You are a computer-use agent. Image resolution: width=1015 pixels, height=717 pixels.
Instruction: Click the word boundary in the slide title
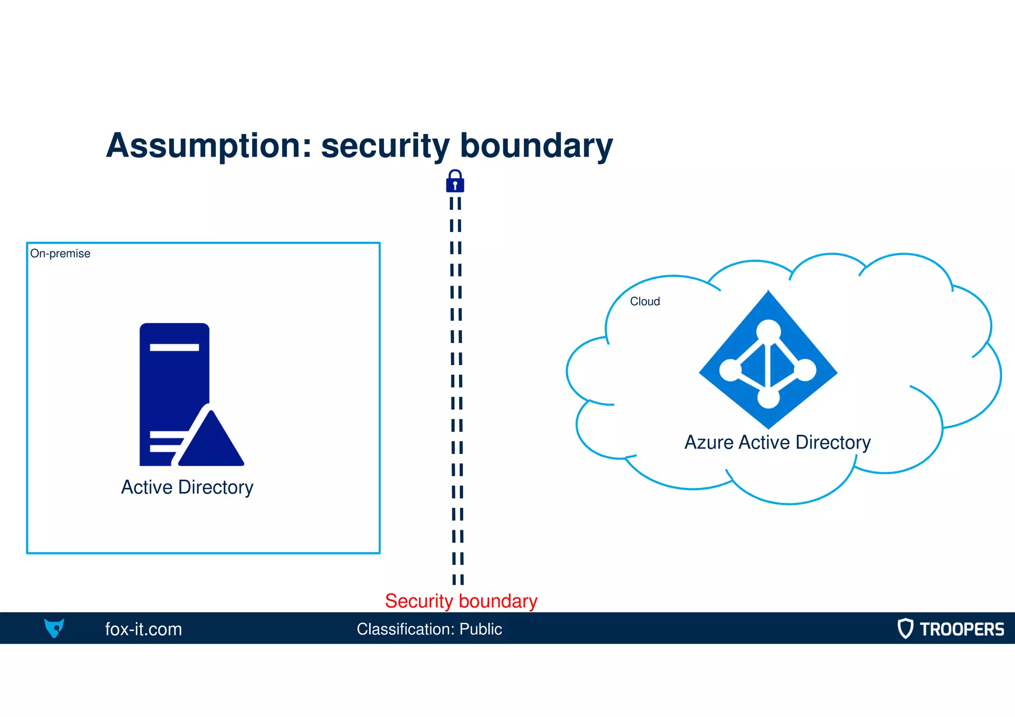pyautogui.click(x=536, y=146)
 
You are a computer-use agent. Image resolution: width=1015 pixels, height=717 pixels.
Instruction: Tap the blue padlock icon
pyautogui.click(x=455, y=181)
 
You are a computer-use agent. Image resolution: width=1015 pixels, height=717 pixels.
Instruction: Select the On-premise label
pyautogui.click(x=60, y=254)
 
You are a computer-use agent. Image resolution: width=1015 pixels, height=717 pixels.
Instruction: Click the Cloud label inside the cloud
pyautogui.click(x=645, y=301)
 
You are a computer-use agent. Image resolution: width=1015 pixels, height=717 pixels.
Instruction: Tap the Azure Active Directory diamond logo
pyautogui.click(x=768, y=360)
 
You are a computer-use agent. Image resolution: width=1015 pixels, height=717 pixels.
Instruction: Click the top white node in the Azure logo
pyautogui.click(x=768, y=331)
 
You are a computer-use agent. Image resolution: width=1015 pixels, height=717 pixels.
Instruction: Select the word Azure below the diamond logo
pyautogui.click(x=709, y=442)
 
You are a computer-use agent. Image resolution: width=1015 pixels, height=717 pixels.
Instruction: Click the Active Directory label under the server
pyautogui.click(x=187, y=488)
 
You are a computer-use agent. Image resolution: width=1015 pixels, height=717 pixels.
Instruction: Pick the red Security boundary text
pyautogui.click(x=461, y=601)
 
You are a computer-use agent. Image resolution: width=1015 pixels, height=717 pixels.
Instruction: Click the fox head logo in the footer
pyautogui.click(x=54, y=628)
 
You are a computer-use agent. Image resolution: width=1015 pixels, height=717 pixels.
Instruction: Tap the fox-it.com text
pyautogui.click(x=144, y=629)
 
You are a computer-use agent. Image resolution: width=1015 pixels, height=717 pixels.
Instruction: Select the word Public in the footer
pyautogui.click(x=480, y=629)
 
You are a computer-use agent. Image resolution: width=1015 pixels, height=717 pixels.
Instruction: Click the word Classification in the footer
pyautogui.click(x=405, y=629)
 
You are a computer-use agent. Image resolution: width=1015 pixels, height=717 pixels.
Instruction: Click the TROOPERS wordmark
pyautogui.click(x=961, y=629)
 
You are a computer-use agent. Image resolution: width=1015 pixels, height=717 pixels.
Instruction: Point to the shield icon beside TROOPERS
pyautogui.click(x=905, y=628)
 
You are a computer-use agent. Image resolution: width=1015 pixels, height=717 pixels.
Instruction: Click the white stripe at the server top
pyautogui.click(x=174, y=347)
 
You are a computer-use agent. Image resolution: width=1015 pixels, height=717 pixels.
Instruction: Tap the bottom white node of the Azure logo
pyautogui.click(x=769, y=397)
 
